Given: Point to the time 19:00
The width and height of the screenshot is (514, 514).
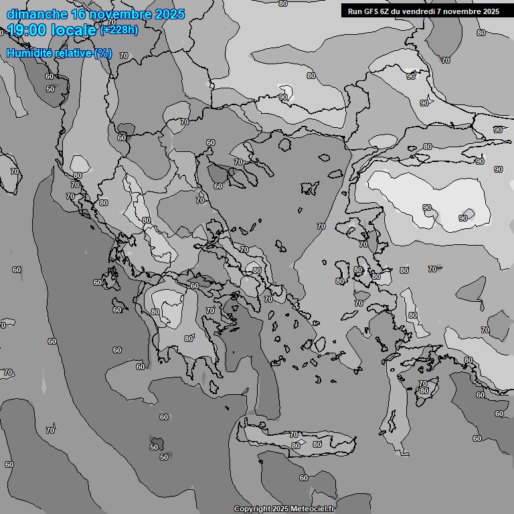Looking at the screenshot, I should point(27,29).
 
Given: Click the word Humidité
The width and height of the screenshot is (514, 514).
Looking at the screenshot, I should point(28,53).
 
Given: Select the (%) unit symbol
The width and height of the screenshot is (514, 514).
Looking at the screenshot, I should point(103,53).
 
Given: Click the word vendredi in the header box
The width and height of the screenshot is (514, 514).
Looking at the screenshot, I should point(422,11).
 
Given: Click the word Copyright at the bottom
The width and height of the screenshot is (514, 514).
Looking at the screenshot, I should point(252,509).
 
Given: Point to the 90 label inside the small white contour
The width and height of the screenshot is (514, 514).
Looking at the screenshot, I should point(283,97).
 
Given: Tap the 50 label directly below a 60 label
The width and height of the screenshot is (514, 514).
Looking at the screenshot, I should point(50,89).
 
